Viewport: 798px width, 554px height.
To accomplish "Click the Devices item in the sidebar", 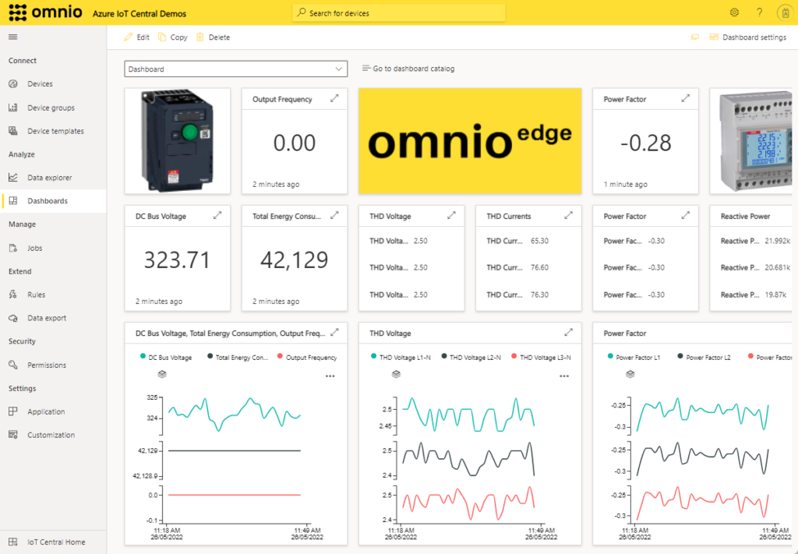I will [x=40, y=84].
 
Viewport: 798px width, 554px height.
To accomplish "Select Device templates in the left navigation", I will [x=55, y=131].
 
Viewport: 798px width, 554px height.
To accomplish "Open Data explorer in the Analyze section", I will [x=49, y=178].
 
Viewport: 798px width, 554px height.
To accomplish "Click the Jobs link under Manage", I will [x=34, y=248].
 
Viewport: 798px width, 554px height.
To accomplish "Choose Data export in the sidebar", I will [x=46, y=318].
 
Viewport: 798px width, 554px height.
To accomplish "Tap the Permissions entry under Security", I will [x=46, y=365].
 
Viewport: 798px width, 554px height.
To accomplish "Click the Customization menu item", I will [x=51, y=435].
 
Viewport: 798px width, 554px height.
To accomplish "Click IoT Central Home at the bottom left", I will [x=56, y=542].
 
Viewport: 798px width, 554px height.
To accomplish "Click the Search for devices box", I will [x=399, y=13].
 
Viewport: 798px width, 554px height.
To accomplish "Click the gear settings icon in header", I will [x=734, y=12].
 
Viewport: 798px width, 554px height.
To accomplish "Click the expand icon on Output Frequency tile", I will [x=334, y=99].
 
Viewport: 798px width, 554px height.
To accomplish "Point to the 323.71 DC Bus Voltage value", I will [x=177, y=259].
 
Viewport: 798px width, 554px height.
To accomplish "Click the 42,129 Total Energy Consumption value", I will [x=294, y=259].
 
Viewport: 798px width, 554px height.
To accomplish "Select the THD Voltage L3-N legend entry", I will [x=545, y=357].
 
